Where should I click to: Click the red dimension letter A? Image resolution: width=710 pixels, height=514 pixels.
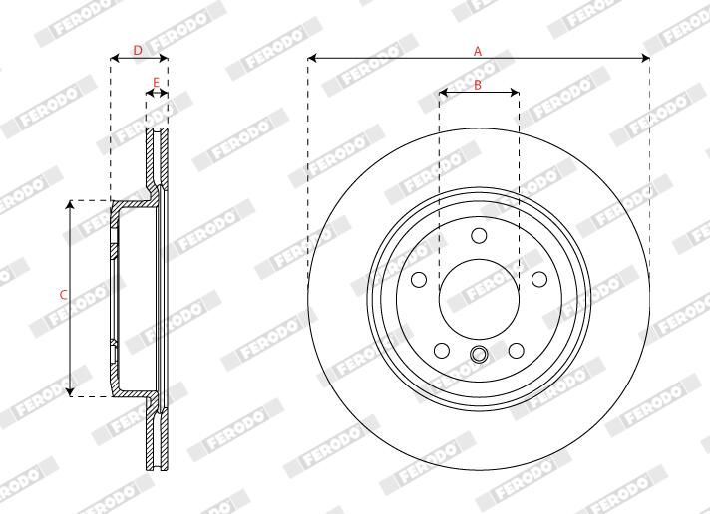click(x=478, y=51)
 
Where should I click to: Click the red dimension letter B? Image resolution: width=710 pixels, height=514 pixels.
click(x=478, y=84)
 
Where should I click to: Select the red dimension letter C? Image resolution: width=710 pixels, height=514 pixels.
click(x=64, y=295)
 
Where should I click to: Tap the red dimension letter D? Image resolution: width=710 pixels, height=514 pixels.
click(x=138, y=50)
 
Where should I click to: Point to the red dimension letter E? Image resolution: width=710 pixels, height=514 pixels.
click(x=156, y=83)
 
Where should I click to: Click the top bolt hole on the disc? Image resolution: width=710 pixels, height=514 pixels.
click(x=479, y=236)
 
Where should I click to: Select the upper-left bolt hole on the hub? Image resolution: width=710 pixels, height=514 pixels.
click(x=419, y=279)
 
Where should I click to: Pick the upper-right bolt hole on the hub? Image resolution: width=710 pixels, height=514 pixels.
click(x=538, y=279)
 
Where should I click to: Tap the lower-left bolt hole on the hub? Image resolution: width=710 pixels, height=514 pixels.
click(x=442, y=350)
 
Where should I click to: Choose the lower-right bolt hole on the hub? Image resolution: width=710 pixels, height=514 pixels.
click(x=517, y=350)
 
